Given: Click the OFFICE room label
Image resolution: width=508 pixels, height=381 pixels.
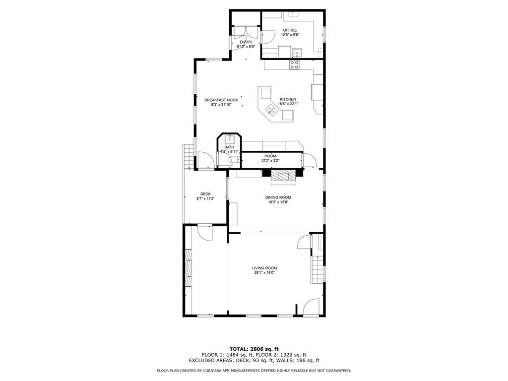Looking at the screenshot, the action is [290, 30].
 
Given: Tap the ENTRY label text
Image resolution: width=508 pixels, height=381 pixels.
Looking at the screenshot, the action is [246, 42].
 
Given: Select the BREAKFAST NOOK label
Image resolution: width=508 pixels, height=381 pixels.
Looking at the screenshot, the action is [221, 100].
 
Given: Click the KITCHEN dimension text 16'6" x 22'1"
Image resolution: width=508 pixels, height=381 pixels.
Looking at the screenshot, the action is [288, 104].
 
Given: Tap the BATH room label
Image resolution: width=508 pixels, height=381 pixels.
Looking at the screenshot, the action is [229, 147].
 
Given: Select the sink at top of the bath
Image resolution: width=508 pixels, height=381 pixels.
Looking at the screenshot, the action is [229, 139].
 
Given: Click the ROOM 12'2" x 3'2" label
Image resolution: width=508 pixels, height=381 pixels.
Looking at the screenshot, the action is [270, 158].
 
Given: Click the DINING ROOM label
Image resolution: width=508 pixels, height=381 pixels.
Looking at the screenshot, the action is [278, 197].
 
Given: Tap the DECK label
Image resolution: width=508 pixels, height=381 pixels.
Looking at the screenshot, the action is [205, 194].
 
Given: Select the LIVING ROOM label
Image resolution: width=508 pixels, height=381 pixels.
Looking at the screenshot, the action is [264, 268].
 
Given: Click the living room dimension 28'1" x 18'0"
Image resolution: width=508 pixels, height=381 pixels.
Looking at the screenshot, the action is [264, 273].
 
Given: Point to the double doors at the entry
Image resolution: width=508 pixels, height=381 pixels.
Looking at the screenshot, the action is [246, 33].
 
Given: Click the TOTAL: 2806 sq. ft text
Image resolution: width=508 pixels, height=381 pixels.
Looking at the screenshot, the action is [254, 349].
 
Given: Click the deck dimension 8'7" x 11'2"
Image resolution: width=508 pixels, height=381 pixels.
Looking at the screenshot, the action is [205, 199].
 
